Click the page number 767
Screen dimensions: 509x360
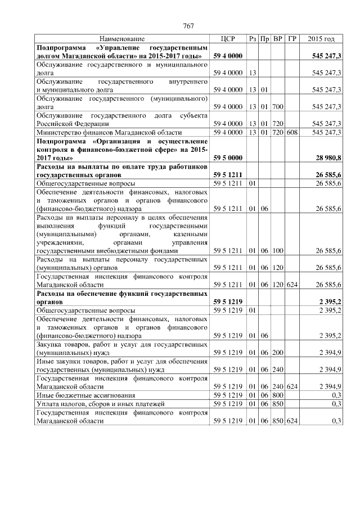(188, 25)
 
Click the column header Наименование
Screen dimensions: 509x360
(122, 39)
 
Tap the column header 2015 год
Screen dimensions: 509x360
(321, 39)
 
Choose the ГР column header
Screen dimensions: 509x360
(291, 39)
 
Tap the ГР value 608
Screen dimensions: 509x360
(291, 133)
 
